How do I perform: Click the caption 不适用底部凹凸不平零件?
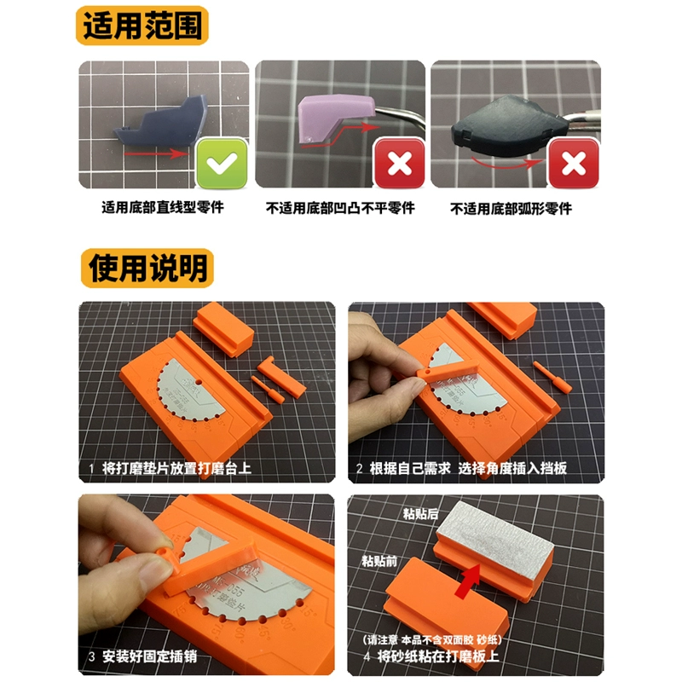point(340,207)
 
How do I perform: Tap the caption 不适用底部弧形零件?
point(511,208)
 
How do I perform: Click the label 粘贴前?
point(379,560)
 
